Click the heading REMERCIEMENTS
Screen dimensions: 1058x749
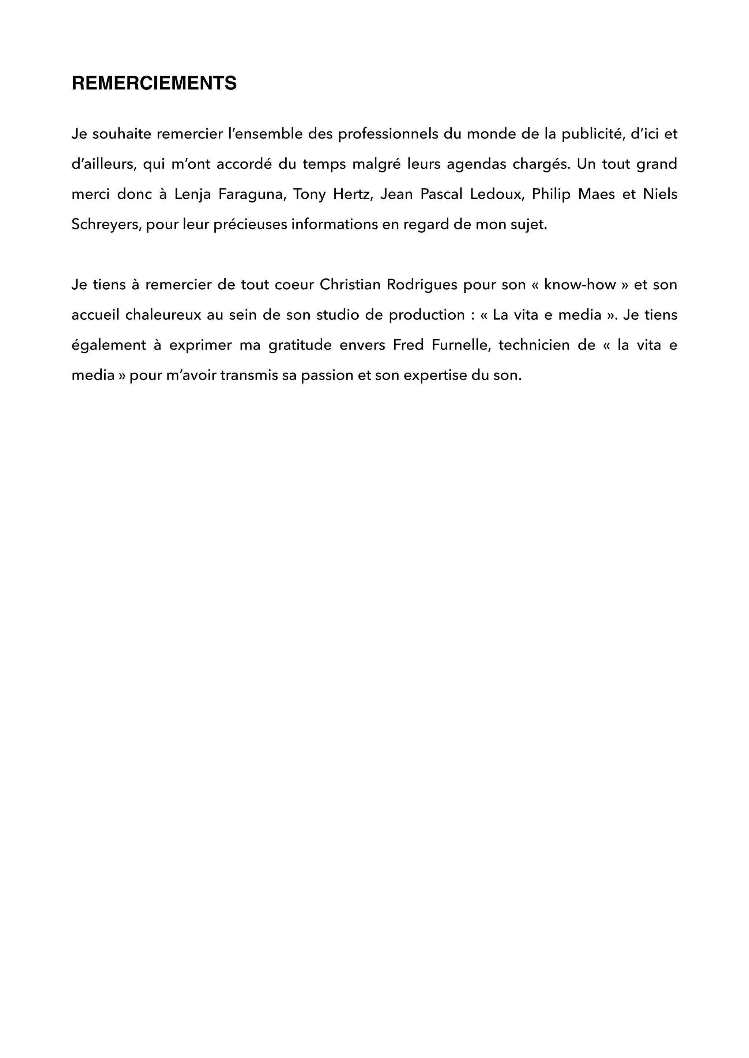pyautogui.click(x=154, y=83)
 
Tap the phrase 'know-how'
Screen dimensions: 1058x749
pyautogui.click(x=580, y=285)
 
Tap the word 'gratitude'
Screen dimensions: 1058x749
pyautogui.click(x=300, y=345)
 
